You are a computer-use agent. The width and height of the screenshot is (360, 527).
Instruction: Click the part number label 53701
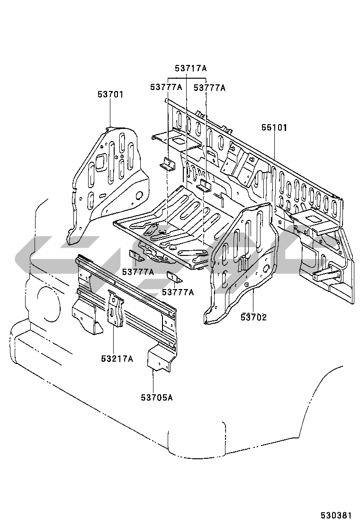coord(110,94)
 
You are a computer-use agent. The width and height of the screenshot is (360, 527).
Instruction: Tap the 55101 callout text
coord(274,127)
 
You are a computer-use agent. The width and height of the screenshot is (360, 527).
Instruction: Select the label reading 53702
coord(253,317)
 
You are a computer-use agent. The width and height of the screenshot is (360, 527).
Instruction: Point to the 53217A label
coord(117,359)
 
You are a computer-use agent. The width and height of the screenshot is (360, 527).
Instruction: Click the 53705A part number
coord(156,398)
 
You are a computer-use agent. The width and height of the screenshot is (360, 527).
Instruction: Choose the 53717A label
coord(190,69)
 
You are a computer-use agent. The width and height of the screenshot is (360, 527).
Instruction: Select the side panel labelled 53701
coord(107,183)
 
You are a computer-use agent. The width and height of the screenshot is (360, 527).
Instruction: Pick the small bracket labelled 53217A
coord(116,308)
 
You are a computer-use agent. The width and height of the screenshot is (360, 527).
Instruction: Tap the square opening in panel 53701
coord(100,162)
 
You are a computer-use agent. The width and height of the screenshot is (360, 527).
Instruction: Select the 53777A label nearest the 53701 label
coord(166,87)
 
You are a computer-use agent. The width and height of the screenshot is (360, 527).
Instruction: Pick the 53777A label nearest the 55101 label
coord(209,88)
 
